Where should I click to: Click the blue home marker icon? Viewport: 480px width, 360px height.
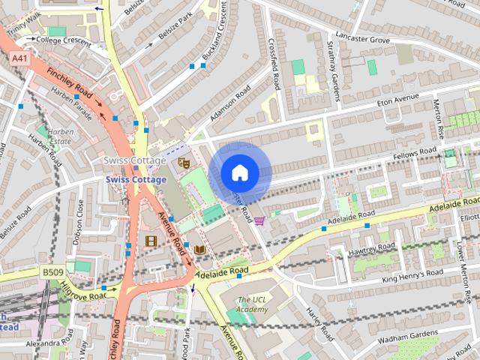[238, 172]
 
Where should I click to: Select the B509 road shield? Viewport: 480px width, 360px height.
[52, 271]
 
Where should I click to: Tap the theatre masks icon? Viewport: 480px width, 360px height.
[184, 162]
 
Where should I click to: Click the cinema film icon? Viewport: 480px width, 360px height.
[152, 241]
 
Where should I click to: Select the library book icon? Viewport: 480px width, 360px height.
[199, 250]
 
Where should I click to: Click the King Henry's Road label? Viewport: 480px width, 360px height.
[409, 279]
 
